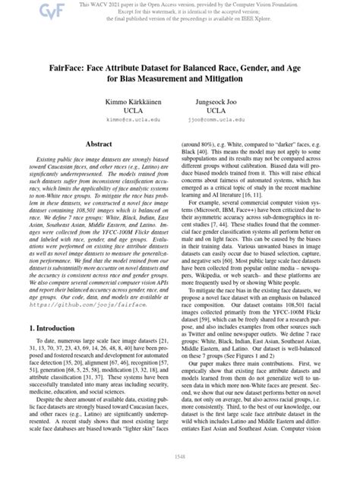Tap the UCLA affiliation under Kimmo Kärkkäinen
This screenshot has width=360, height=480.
(125, 110)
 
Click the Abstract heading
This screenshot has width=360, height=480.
(100, 143)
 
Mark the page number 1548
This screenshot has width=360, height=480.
(180, 457)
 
